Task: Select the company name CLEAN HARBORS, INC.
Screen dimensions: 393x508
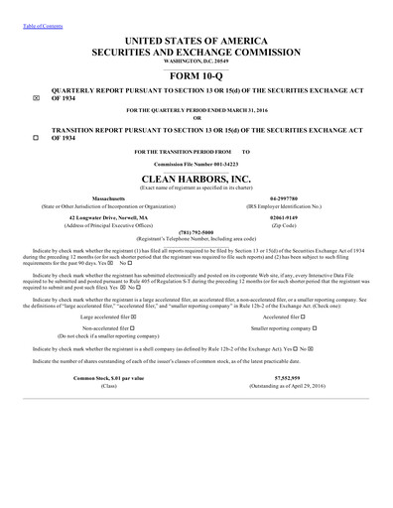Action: (x=196, y=174)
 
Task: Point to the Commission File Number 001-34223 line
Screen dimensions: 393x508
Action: (x=196, y=161)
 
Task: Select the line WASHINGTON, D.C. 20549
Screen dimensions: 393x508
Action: (x=196, y=59)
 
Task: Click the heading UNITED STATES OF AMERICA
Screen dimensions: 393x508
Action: (x=196, y=38)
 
